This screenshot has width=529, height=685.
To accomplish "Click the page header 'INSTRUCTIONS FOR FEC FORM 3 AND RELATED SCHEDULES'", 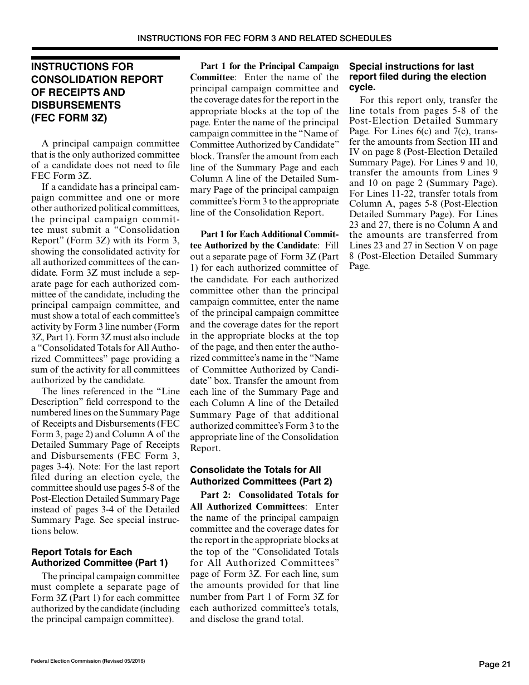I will tap(264, 38).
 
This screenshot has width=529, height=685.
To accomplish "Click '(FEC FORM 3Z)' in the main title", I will tap(69, 118).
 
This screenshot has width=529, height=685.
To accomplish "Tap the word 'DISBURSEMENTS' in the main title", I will tap(76, 105).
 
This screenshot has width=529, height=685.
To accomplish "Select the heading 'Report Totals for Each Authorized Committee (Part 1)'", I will tap(99, 557).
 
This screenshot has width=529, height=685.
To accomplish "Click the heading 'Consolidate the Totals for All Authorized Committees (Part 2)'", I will tap(261, 476).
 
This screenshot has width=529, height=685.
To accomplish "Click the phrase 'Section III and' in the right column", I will tap(467, 142).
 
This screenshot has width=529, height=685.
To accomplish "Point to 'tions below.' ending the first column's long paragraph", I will tap(55, 531).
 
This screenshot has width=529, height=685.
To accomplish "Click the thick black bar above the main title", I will tap(105, 57).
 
